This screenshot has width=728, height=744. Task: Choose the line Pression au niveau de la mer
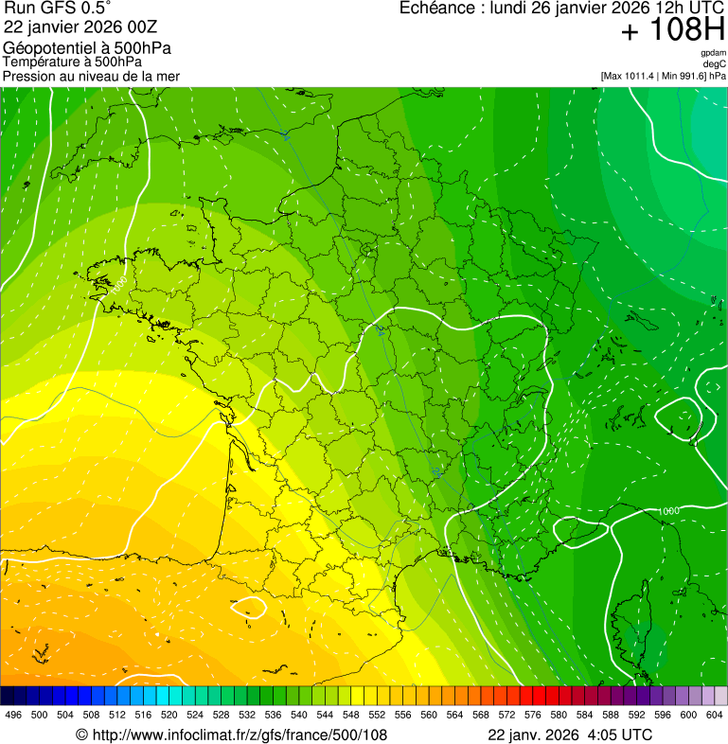pyautogui.click(x=91, y=76)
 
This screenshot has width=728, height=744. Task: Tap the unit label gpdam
pyautogui.click(x=713, y=53)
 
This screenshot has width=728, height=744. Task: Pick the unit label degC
pyautogui.click(x=715, y=63)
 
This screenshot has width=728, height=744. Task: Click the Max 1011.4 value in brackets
pyautogui.click(x=633, y=75)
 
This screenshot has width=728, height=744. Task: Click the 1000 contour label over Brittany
pyautogui.click(x=119, y=283)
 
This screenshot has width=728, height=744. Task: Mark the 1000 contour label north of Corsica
pyautogui.click(x=668, y=511)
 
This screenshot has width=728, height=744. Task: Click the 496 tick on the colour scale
pyautogui.click(x=13, y=716)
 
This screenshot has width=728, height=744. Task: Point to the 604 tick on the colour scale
pyautogui.click(x=715, y=716)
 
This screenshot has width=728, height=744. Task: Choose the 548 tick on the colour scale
pyautogui.click(x=351, y=716)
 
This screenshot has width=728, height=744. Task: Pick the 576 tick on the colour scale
pyautogui.click(x=533, y=716)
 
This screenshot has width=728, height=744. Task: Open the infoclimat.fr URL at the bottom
pyautogui.click(x=232, y=735)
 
